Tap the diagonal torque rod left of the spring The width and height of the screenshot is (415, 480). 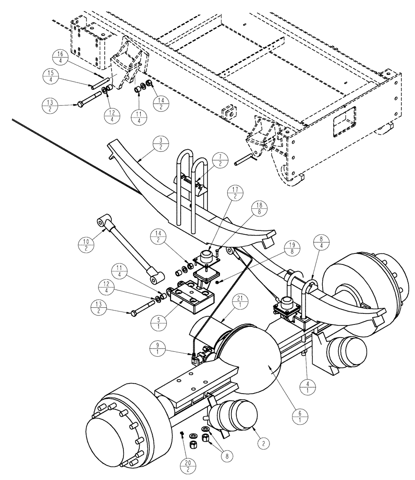click(x=130, y=249)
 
